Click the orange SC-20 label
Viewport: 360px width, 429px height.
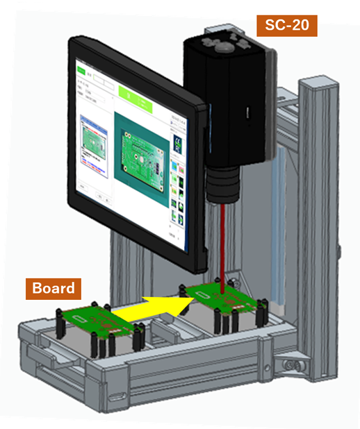287,26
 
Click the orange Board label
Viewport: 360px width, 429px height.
54,287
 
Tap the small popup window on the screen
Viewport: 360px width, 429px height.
92,145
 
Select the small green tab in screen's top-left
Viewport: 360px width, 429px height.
81,71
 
